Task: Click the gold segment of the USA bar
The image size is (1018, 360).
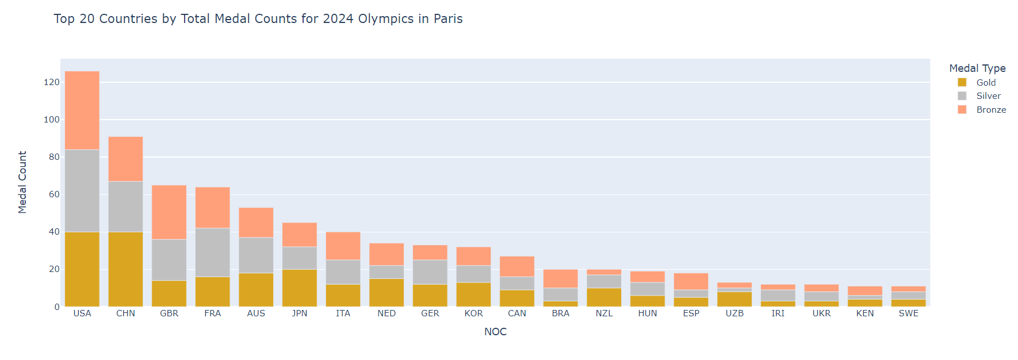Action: [82, 269]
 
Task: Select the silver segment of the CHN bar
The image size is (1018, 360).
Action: [125, 207]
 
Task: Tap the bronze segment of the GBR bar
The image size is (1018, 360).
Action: [169, 212]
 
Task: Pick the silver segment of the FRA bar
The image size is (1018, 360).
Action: [212, 252]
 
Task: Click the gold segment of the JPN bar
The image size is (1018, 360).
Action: [300, 288]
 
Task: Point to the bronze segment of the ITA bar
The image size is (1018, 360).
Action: [343, 246]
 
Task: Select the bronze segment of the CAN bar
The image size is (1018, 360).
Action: [517, 267]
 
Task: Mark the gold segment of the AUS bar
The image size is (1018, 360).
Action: [256, 290]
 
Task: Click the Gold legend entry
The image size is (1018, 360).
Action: [986, 83]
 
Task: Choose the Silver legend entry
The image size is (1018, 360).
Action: [988, 96]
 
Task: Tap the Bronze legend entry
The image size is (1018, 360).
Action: [991, 110]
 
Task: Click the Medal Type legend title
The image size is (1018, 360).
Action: [977, 68]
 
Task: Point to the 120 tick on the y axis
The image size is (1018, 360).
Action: [52, 82]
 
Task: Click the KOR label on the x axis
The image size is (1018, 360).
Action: [473, 313]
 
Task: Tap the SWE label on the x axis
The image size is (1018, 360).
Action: [908, 313]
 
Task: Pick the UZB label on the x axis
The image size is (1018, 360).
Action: [734, 313]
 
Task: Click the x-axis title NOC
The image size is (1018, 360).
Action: [495, 332]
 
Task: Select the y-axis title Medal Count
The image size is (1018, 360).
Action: [22, 182]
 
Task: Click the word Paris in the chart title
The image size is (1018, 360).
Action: [448, 19]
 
